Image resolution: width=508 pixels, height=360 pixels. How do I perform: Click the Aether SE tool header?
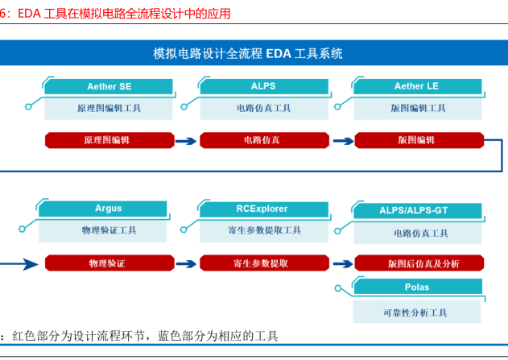click(109, 86)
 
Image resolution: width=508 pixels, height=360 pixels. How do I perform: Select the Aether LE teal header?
click(417, 86)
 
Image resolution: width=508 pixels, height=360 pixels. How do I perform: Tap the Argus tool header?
click(103, 209)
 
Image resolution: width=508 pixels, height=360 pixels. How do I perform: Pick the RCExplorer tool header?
click(264, 209)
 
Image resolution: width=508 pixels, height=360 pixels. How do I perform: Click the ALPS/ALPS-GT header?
click(418, 211)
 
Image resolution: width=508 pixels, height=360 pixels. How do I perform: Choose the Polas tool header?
click(418, 287)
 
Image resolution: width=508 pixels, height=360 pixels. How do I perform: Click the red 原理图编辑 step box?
click(109, 140)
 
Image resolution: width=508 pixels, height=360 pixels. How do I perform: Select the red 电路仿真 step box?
click(264, 140)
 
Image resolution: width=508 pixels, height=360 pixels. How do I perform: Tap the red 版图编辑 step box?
click(419, 140)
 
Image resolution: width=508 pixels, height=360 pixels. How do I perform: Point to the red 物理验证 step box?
click(109, 263)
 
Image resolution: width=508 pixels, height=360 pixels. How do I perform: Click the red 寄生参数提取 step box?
click(264, 263)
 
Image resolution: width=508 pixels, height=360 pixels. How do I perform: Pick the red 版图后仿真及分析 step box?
click(419, 263)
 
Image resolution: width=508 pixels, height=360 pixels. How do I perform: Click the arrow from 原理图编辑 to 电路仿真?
click(186, 141)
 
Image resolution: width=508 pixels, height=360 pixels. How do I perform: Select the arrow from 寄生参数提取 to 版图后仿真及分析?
click(343, 264)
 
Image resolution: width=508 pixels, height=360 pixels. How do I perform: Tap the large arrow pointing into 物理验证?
click(19, 264)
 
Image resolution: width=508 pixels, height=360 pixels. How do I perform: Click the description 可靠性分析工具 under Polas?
click(415, 313)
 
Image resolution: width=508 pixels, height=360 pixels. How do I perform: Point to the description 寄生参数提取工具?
click(265, 230)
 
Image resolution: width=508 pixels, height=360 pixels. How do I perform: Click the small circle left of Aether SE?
click(28, 106)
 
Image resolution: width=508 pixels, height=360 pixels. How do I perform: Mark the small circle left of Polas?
click(338, 288)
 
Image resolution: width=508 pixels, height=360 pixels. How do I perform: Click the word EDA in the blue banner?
click(279, 54)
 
